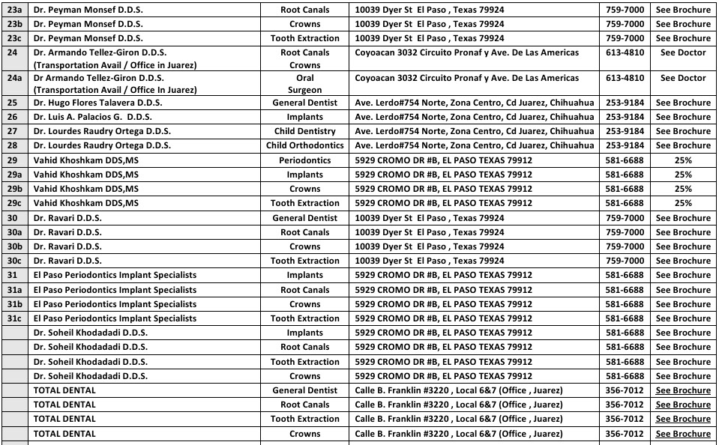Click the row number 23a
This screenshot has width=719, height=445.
14,10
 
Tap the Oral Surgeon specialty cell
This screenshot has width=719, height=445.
304,84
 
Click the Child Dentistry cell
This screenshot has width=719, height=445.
304,131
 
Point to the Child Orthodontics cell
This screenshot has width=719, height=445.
304,145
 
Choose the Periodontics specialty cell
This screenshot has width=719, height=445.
304,160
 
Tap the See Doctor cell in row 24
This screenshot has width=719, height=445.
683,53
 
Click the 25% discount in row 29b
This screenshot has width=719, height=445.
683,189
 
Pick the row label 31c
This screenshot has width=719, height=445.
14,318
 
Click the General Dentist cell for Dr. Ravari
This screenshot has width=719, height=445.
304,218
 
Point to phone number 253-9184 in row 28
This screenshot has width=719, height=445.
624,145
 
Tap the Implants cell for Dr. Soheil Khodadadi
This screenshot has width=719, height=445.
304,333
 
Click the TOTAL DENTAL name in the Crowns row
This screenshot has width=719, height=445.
64,434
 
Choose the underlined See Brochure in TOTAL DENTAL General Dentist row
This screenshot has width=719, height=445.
683,390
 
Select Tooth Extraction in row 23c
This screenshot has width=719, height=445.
304,38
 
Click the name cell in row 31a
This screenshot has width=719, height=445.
115,290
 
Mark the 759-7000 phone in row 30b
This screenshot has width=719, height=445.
624,246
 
